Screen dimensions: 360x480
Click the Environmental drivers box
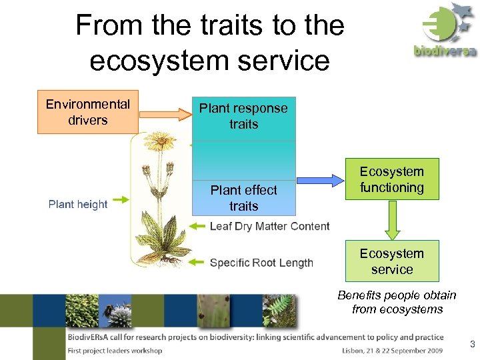pos(87,112)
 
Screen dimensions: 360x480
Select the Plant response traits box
pos(243,116)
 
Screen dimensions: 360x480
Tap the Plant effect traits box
pos(243,198)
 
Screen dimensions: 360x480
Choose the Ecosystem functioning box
pos(392,179)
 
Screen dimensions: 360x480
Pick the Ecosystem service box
pos(392,261)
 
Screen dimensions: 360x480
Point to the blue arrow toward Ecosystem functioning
pos(319,179)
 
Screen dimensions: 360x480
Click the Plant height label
pos(77,205)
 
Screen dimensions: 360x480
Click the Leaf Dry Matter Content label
pos(269,226)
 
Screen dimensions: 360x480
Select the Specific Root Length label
pos(261,263)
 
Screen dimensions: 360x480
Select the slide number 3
pos(472,345)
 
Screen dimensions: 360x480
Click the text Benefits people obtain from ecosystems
pos(397,302)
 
